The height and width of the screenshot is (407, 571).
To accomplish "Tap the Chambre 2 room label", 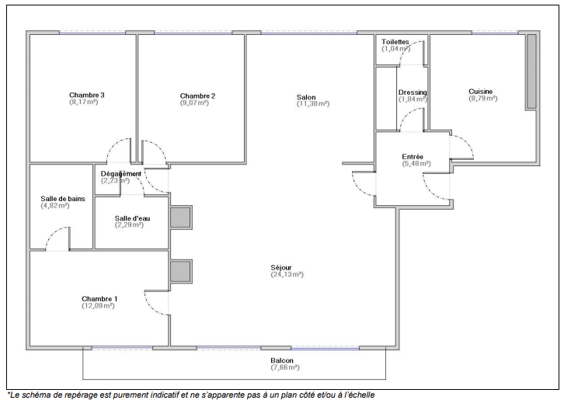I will pyautogui.click(x=197, y=96).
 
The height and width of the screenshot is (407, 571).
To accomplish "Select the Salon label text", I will pyautogui.click(x=306, y=97).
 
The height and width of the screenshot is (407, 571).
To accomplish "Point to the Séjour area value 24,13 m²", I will pyautogui.click(x=287, y=274).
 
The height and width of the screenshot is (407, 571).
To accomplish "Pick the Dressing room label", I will pyautogui.click(x=413, y=92).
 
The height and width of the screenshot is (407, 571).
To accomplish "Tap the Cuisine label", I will pyautogui.click(x=480, y=92).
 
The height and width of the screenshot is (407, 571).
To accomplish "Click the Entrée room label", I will pyautogui.click(x=413, y=157).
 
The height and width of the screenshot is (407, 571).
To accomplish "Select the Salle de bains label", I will pyautogui.click(x=63, y=198).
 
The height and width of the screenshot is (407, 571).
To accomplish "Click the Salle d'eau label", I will pyautogui.click(x=132, y=218).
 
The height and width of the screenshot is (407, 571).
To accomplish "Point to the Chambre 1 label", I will pyautogui.click(x=99, y=298).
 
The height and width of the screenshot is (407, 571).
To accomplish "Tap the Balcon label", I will pyautogui.click(x=282, y=360).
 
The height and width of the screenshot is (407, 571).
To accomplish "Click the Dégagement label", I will pyautogui.click(x=121, y=173).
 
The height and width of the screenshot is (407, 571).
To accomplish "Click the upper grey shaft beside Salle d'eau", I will pyautogui.click(x=180, y=217).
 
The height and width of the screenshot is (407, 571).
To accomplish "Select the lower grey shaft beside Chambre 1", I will pyautogui.click(x=180, y=271).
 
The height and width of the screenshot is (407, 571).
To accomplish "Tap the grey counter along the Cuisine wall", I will pyautogui.click(x=532, y=71).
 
